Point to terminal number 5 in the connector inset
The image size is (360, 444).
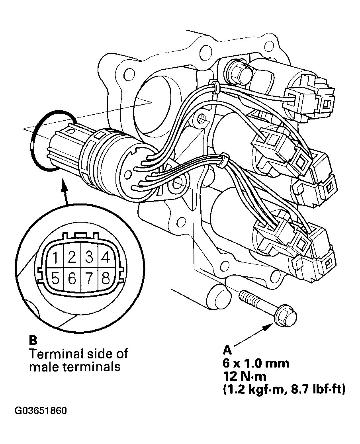pyautogui.click(x=57, y=278)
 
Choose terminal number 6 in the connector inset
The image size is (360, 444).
pyautogui.click(x=72, y=278)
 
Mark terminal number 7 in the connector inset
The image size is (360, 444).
pyautogui.click(x=89, y=278)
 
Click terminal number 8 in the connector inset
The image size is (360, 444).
pyautogui.click(x=105, y=278)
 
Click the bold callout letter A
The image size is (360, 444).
pyautogui.click(x=227, y=350)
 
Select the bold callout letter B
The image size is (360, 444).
pyautogui.click(x=33, y=340)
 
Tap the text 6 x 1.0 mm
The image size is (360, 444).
pyautogui.click(x=256, y=363)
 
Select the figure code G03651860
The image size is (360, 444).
pyautogui.click(x=41, y=410)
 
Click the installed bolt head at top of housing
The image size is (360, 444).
pyautogui.click(x=239, y=70)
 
